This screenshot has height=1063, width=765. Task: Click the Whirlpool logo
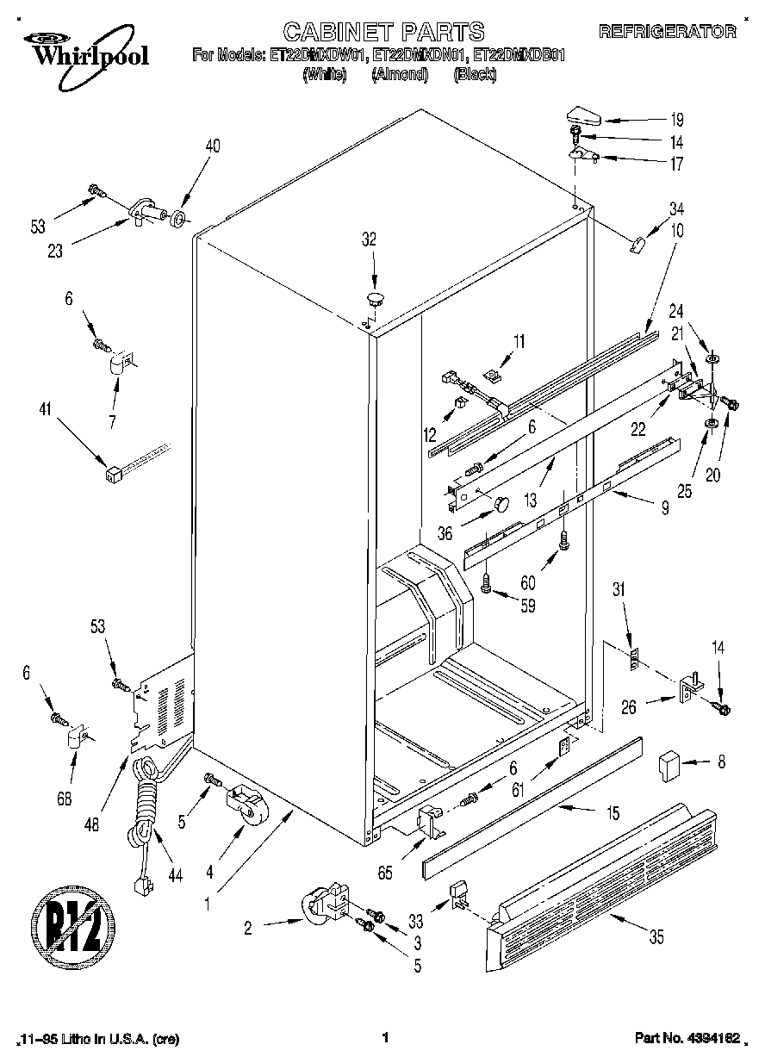point(82,50)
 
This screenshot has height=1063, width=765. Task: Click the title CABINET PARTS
point(383,33)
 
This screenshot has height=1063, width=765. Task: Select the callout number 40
point(212,146)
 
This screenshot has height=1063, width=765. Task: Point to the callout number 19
point(676,120)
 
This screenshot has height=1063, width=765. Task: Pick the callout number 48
point(92,824)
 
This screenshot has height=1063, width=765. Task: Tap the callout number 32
point(369,240)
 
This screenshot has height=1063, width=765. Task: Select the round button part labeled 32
point(374,299)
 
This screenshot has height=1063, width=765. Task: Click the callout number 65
point(385,873)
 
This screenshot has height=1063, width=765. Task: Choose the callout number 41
point(42,411)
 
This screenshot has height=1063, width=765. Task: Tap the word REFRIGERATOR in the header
point(668,33)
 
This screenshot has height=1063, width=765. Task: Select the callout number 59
point(527,606)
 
